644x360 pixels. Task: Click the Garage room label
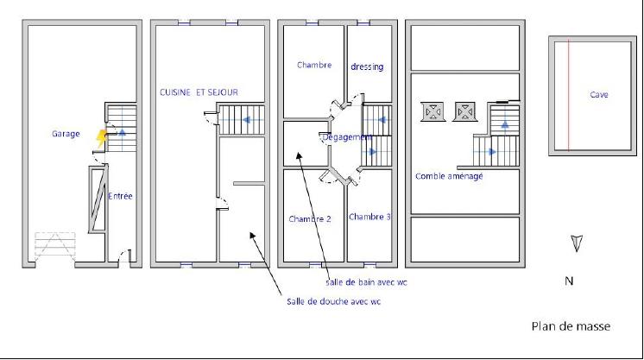66,134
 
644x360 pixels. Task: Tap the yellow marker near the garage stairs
102,134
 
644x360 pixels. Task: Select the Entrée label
121,196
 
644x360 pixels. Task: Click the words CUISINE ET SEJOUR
199,92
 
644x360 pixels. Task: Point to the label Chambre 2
310,219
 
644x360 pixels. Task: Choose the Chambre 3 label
369,217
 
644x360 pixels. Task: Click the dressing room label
367,66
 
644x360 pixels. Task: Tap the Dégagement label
346,136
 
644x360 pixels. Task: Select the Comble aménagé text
449,176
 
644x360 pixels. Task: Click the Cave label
599,95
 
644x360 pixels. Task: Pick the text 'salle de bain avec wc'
367,282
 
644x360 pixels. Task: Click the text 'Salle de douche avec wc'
333,301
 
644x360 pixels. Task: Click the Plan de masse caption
571,326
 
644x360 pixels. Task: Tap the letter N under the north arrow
569,281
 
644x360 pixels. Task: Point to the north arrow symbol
577,244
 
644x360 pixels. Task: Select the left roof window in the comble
432,111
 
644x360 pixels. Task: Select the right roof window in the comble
464,111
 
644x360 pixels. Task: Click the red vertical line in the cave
569,95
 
